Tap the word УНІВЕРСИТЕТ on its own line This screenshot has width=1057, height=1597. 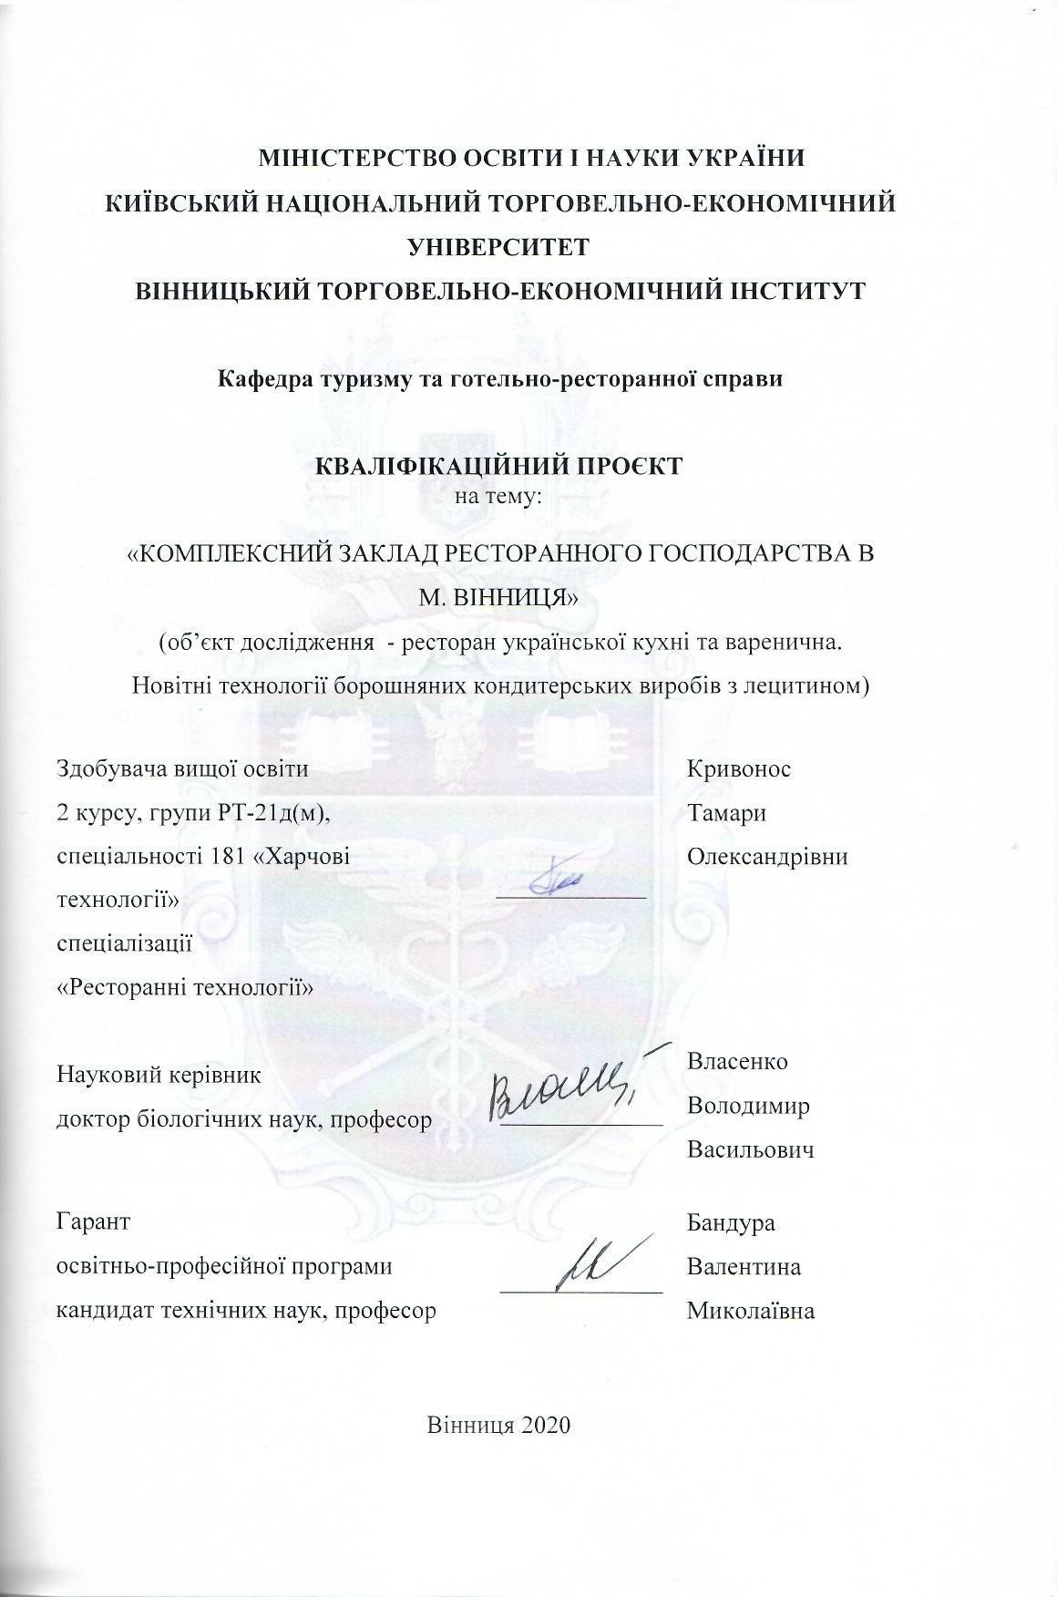click(x=499, y=246)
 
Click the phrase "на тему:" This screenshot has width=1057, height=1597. click(x=499, y=497)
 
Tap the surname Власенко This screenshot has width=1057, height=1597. click(x=737, y=1062)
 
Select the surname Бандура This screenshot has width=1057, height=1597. click(x=731, y=1222)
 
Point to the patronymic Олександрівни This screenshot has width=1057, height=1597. click(x=767, y=857)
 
